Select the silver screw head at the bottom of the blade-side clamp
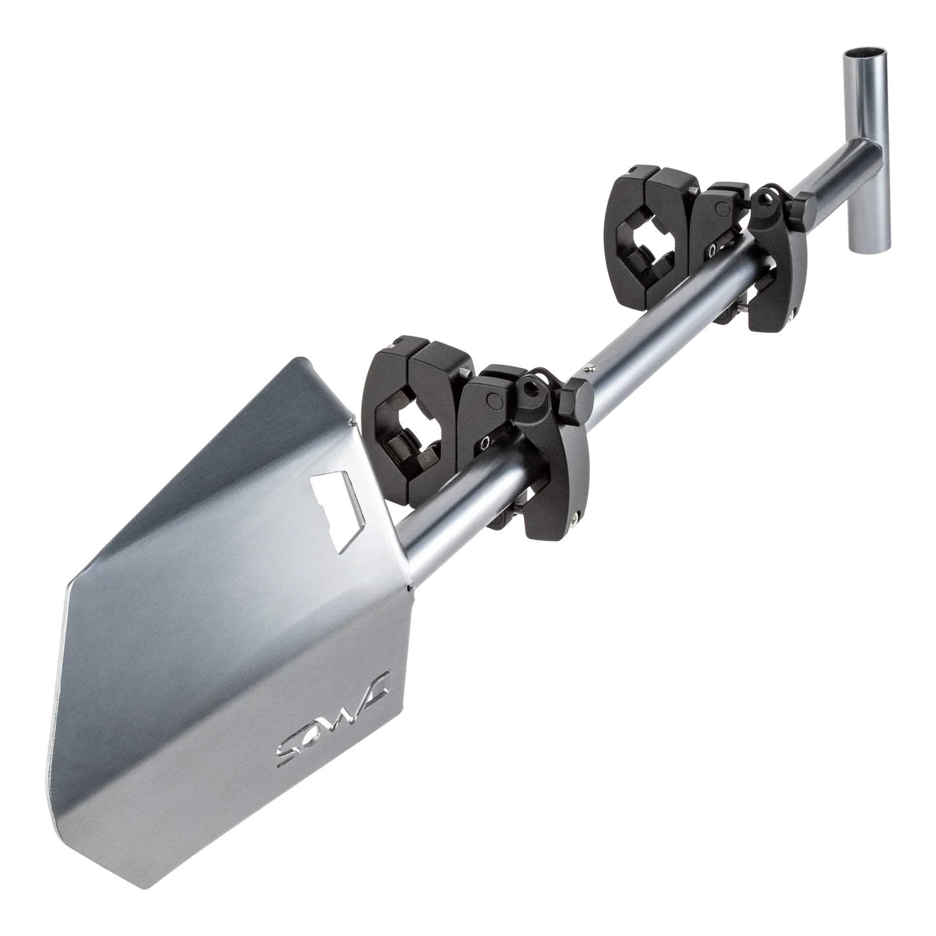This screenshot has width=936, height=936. click(576, 516)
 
